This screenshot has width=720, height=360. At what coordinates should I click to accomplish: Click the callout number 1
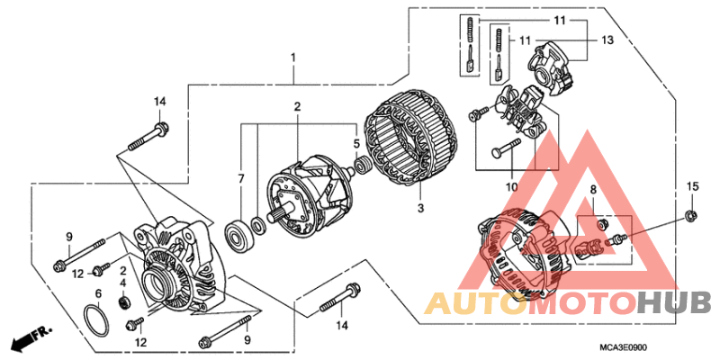tap(292, 58)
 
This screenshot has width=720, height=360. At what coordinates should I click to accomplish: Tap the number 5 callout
tap(356, 143)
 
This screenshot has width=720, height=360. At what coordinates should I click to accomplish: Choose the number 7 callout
tap(240, 180)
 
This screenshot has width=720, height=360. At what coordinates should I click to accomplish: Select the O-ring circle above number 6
tap(94, 319)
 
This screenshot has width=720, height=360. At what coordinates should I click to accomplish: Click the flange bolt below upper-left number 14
tap(149, 139)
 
